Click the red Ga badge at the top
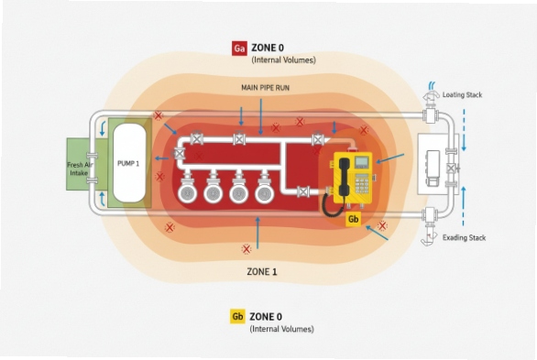click(x=239, y=47)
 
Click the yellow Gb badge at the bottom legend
click(x=237, y=316)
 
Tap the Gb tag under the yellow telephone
click(x=352, y=220)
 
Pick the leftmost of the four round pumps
click(x=187, y=193)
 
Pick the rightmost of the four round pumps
click(x=265, y=193)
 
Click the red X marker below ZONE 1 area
click(x=246, y=248)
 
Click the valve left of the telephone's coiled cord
click(x=303, y=192)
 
